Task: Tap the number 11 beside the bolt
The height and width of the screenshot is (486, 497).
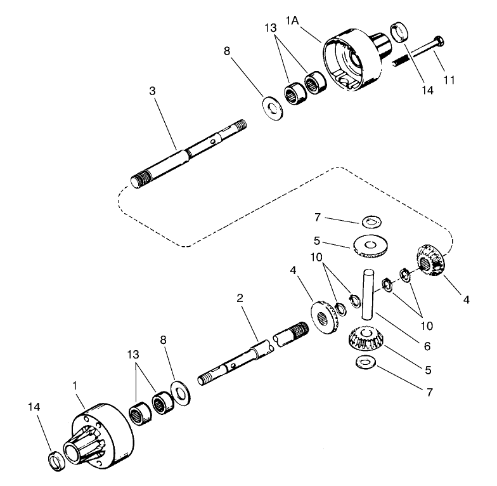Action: point(450,81)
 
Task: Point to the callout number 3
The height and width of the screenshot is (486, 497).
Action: point(152,91)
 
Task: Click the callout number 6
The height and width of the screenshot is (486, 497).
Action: point(427,346)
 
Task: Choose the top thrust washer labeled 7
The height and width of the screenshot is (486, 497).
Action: point(371,221)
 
